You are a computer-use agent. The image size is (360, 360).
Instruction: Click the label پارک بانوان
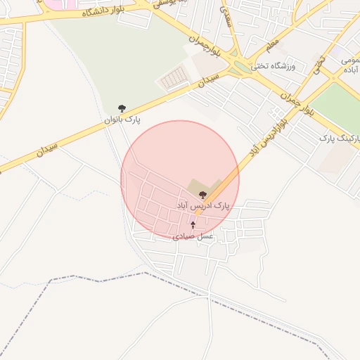click(122, 120)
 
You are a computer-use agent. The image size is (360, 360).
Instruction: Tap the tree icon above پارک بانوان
click(122, 108)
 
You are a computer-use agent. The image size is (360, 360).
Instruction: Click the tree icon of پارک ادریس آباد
click(203, 194)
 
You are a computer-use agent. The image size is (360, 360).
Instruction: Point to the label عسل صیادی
click(193, 237)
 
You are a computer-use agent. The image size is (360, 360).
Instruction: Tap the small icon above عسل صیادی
click(193, 225)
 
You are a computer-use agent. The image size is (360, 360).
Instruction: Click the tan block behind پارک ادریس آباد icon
click(198, 186)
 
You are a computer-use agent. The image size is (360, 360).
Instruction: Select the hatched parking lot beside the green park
click(173, 79)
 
